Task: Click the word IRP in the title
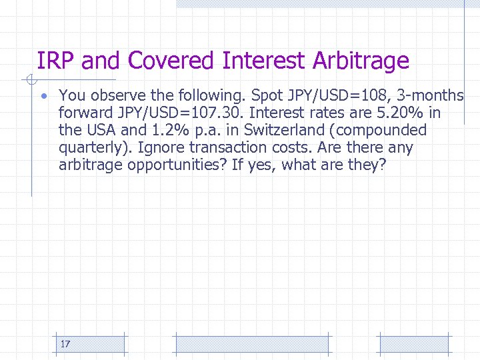[x=56, y=61]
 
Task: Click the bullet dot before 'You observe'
[x=43, y=96]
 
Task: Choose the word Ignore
[x=161, y=147]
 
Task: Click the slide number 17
[x=65, y=344]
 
